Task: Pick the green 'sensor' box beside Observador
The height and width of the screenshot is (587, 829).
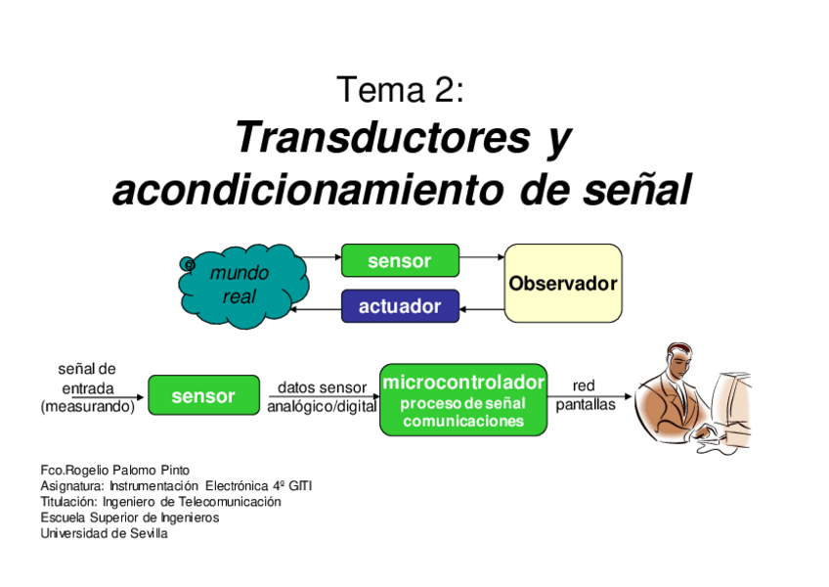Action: (x=399, y=261)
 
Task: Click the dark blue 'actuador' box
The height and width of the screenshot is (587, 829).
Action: (x=399, y=306)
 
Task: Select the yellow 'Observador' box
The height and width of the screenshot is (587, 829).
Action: (x=563, y=284)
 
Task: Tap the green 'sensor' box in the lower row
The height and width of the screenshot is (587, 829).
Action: (x=203, y=395)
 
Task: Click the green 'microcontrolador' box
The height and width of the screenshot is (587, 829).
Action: (x=462, y=399)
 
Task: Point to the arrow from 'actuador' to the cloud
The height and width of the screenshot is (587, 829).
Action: (x=317, y=309)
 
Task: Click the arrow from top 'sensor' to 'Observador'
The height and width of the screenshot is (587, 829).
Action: (x=481, y=258)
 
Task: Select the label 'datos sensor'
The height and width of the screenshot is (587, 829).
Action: (x=322, y=388)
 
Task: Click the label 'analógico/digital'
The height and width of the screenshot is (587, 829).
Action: (x=322, y=406)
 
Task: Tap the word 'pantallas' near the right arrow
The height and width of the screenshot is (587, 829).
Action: (x=586, y=405)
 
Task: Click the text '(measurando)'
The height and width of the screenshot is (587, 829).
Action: (x=87, y=406)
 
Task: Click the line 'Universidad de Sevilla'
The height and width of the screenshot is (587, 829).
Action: (x=104, y=533)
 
